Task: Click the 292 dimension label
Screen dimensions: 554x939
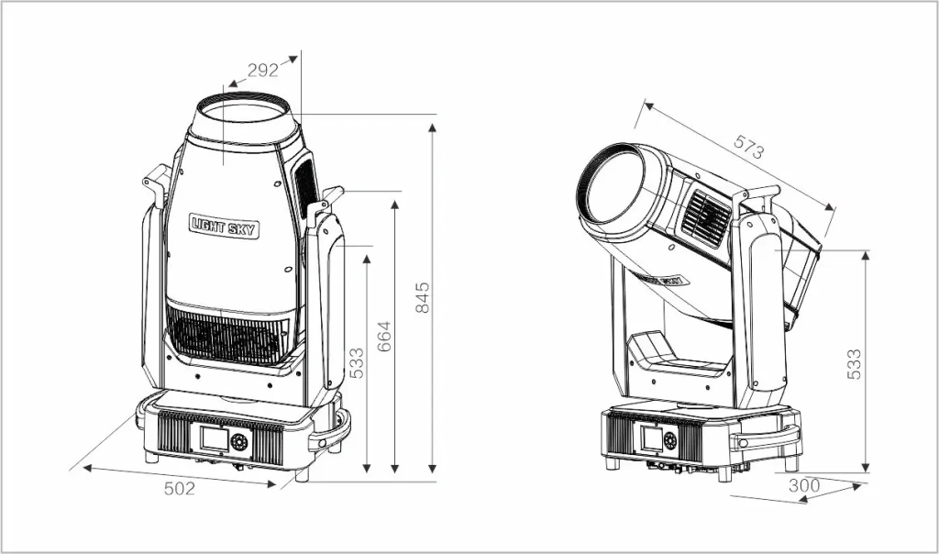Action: (x=263, y=71)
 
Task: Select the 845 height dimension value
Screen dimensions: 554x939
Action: (x=422, y=298)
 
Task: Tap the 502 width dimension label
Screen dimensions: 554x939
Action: (x=180, y=489)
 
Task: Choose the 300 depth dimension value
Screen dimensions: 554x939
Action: (x=803, y=483)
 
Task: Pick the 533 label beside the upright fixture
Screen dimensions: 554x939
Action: (x=357, y=363)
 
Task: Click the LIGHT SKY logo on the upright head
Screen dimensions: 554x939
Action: (x=224, y=226)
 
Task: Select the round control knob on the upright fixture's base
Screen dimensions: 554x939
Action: (x=240, y=442)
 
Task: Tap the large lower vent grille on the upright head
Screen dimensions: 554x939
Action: (x=228, y=336)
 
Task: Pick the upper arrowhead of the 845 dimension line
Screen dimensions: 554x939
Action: (x=432, y=124)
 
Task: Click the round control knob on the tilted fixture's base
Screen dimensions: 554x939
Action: (x=669, y=440)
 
